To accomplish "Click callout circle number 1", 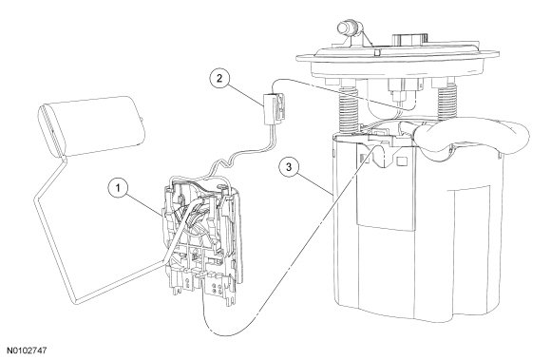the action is coord(119,188).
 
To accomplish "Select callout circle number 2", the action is coord(219,78).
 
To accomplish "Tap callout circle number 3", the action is coord(289,167).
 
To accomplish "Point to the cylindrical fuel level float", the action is coord(92,125).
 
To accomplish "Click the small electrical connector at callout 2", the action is coord(275,108).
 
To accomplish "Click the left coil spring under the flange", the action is coord(348,108).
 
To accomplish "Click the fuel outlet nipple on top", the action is coord(348,27).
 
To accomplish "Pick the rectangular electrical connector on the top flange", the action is coord(409,41).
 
